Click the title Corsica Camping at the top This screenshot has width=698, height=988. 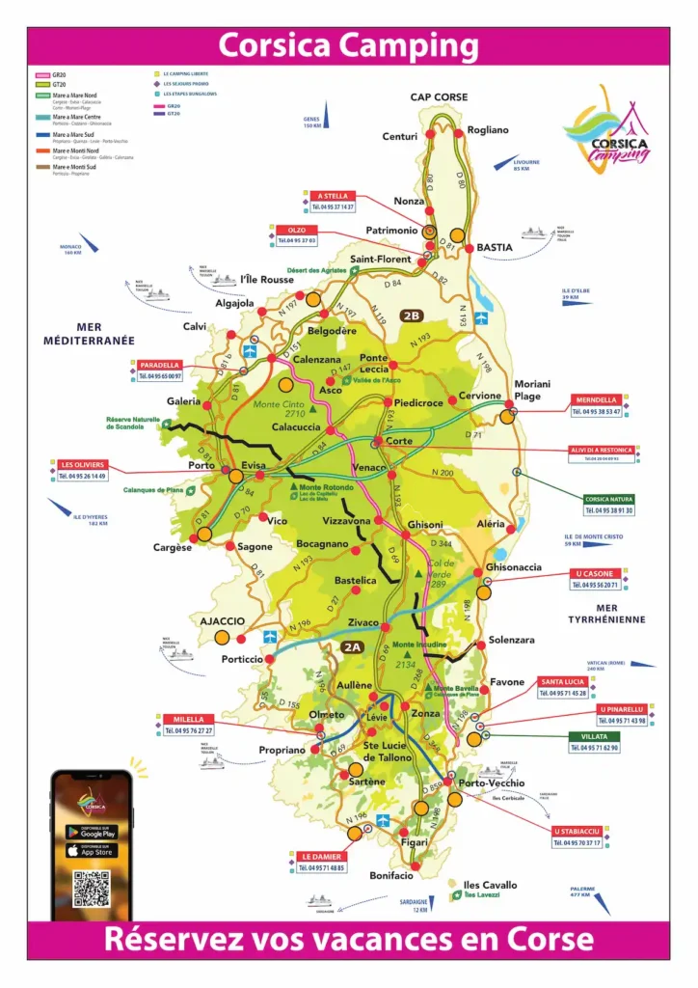(348, 45)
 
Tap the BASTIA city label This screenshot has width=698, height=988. (495, 248)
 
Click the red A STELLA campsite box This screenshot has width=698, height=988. (333, 196)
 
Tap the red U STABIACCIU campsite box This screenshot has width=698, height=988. (577, 831)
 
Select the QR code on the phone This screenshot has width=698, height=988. (92, 889)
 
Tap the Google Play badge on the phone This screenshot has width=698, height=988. (92, 832)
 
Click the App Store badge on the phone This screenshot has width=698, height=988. (92, 851)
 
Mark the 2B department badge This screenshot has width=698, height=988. (412, 316)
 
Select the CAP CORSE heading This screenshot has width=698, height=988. (439, 97)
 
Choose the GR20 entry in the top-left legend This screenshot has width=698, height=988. (59, 74)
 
